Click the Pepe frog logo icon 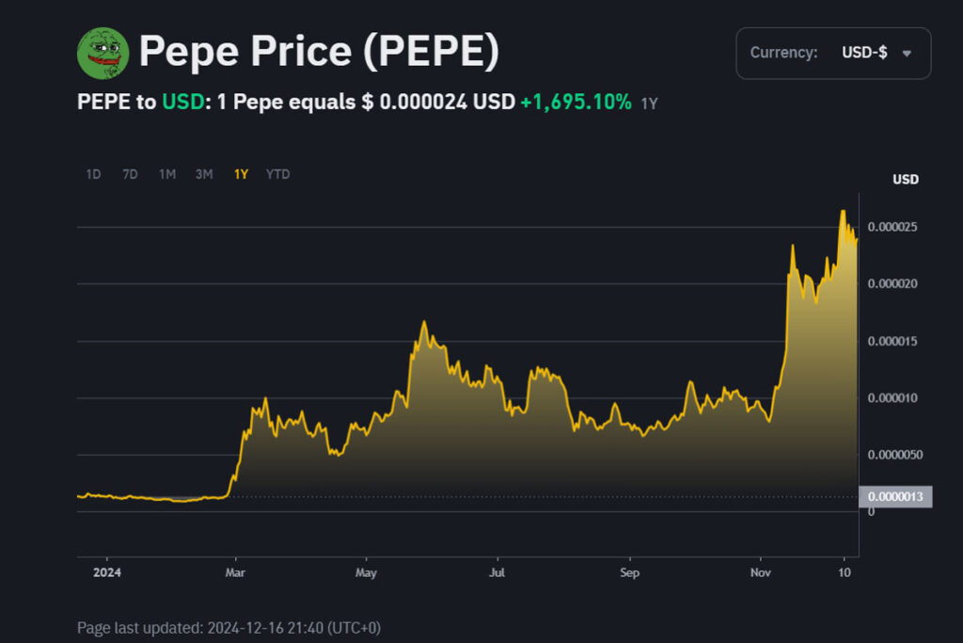[103, 53]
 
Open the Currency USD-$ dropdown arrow [907, 54]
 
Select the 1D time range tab [93, 174]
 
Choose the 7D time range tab [130, 174]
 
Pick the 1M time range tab [166, 174]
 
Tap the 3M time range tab [203, 174]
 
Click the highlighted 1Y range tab [241, 174]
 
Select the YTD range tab [277, 174]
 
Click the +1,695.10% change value [576, 102]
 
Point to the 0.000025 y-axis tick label [892, 227]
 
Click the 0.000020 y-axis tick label [892, 283]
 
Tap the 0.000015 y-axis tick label [892, 341]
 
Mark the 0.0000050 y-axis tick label [895, 455]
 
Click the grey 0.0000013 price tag [895, 497]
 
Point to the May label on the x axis [366, 571]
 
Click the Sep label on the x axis [630, 571]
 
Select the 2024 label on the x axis [106, 571]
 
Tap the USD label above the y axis [906, 179]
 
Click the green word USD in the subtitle [182, 102]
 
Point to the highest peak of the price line [843, 211]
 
